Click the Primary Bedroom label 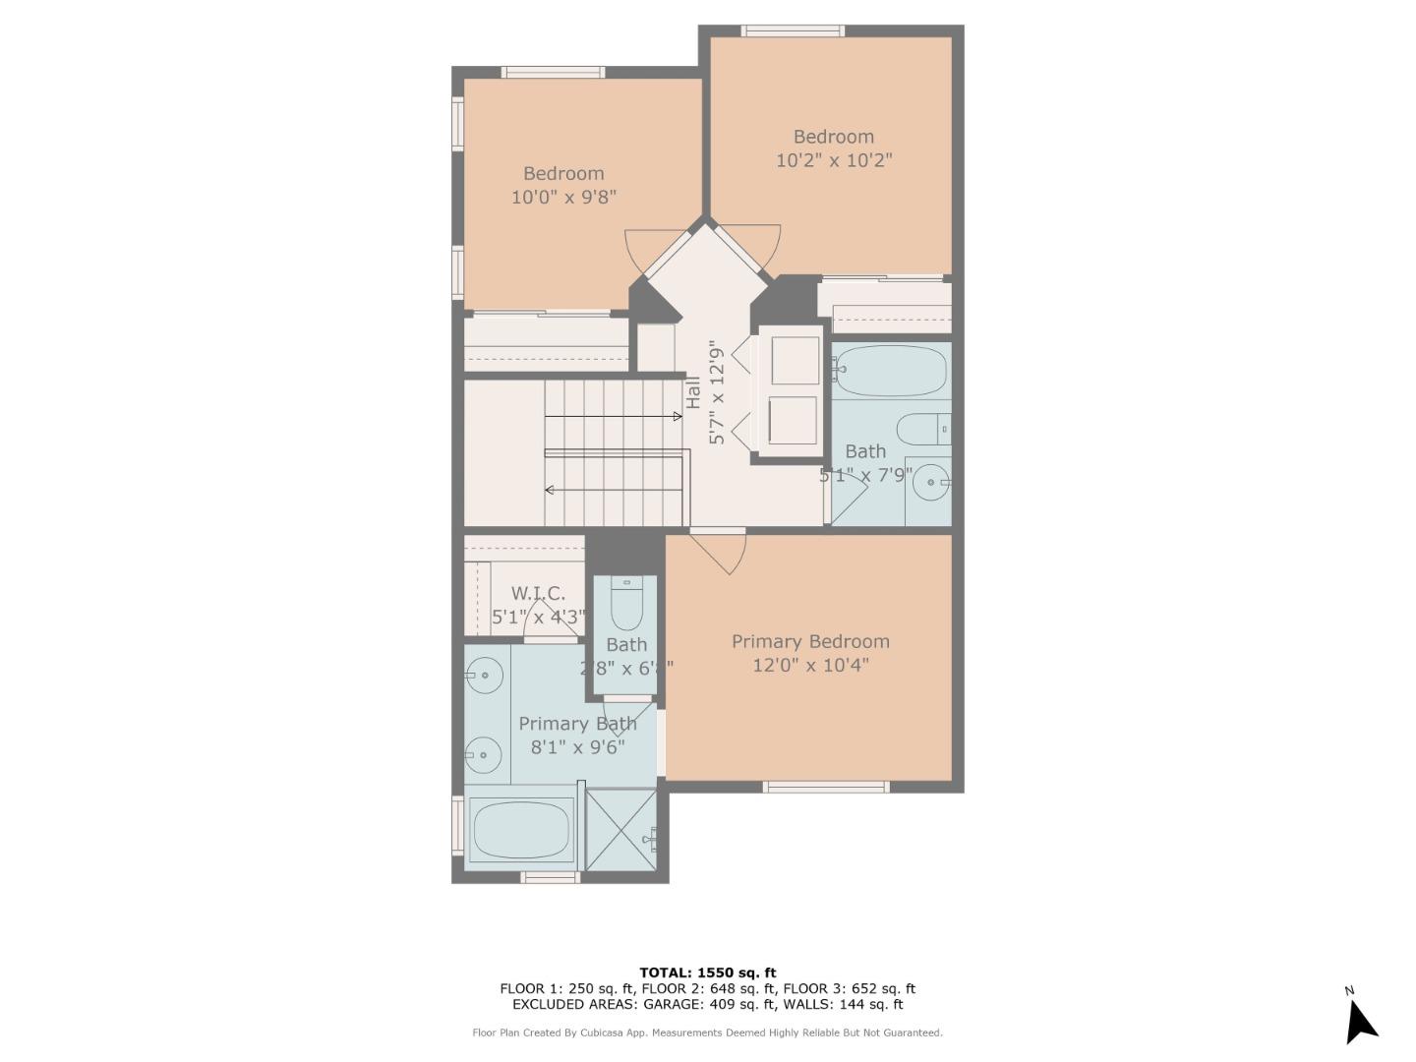pyautogui.click(x=810, y=641)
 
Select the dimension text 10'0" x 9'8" pyautogui.click(x=563, y=197)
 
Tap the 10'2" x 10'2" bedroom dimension pyautogui.click(x=833, y=160)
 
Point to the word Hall pyautogui.click(x=693, y=392)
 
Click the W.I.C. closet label pyautogui.click(x=538, y=593)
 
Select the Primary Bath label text pyautogui.click(x=577, y=724)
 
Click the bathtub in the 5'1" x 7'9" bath pyautogui.click(x=891, y=371)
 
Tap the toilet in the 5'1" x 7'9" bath pyautogui.click(x=922, y=429)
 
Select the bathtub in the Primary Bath pyautogui.click(x=522, y=828)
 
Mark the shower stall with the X pyautogui.click(x=619, y=828)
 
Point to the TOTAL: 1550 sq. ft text pyautogui.click(x=707, y=973)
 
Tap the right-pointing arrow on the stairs pyautogui.click(x=677, y=417)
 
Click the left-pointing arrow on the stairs pyautogui.click(x=550, y=490)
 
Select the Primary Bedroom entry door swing pyautogui.click(x=725, y=554)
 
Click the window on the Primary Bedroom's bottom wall pyautogui.click(x=826, y=787)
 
